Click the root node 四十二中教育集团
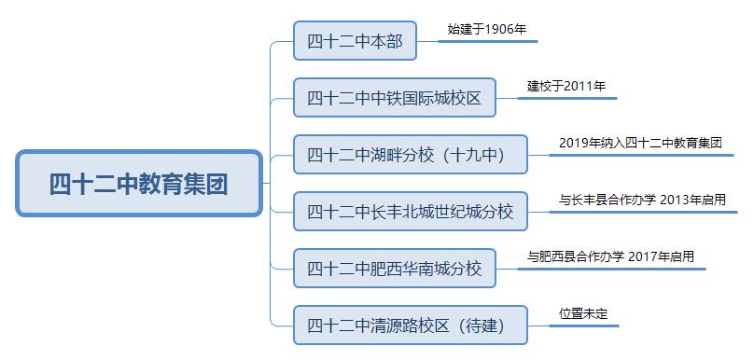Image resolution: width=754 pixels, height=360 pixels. [139, 183]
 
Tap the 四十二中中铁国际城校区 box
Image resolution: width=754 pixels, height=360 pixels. [394, 98]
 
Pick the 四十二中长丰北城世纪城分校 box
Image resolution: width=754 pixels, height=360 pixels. [410, 212]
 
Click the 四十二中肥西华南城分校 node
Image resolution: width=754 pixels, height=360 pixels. [394, 269]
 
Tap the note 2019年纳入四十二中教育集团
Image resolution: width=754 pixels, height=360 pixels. [640, 143]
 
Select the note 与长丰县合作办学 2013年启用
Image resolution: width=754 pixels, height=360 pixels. [642, 200]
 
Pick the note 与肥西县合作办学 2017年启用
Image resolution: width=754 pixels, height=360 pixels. [610, 256]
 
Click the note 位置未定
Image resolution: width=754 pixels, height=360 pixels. [583, 313]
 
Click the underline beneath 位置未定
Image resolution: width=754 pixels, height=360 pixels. [584, 325]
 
